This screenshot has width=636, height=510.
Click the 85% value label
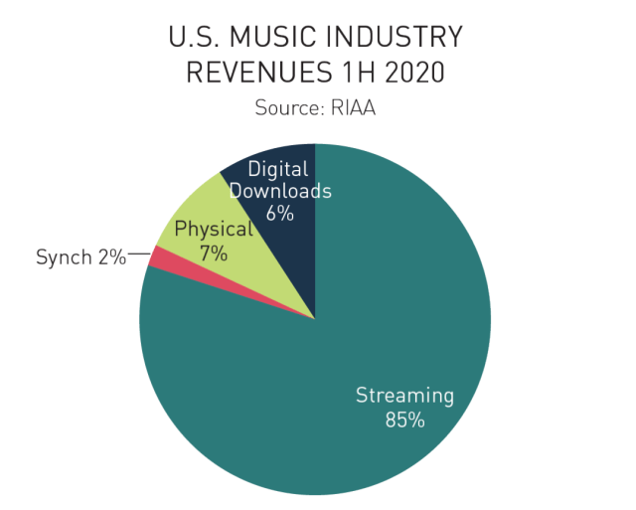point(404,420)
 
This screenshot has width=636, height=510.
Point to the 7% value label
point(213,254)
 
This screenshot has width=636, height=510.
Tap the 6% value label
point(280,212)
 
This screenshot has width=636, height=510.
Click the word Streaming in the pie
point(404,396)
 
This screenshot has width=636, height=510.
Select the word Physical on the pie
point(213,231)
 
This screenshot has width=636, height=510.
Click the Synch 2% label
point(80,257)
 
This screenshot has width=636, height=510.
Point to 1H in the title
point(356,74)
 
